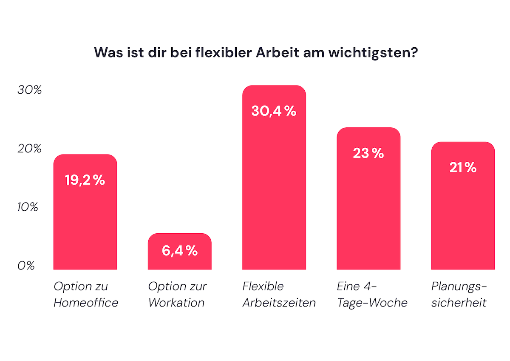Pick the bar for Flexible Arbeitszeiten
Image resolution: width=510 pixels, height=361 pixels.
pyautogui.click(x=274, y=192)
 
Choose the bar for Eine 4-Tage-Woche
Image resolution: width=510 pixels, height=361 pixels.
pyautogui.click(x=368, y=213)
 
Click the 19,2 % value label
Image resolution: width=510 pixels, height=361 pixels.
pyautogui.click(x=85, y=180)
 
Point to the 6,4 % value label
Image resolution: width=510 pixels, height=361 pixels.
pyautogui.click(x=179, y=251)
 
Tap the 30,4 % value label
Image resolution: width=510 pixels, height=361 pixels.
pyautogui.click(x=274, y=111)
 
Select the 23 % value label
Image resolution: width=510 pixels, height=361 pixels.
pyautogui.click(x=368, y=153)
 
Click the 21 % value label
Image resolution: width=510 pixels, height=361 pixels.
pyautogui.click(x=463, y=168)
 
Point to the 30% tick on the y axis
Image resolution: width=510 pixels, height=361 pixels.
pyautogui.click(x=29, y=90)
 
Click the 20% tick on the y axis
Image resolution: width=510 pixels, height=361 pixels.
pyautogui.click(x=29, y=149)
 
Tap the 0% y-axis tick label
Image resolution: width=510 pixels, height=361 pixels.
pyautogui.click(x=26, y=266)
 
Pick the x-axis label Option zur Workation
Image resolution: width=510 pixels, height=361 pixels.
pyautogui.click(x=177, y=294)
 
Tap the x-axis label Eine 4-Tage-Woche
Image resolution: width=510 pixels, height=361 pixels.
pyautogui.click(x=372, y=294)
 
